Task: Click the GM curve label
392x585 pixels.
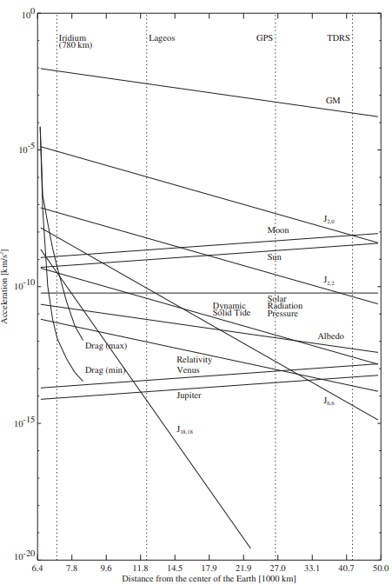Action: [x=333, y=100]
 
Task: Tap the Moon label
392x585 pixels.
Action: [x=278, y=229]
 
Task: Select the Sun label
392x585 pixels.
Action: [x=274, y=257]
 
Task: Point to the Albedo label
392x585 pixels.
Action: [x=331, y=336]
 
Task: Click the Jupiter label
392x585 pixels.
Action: [x=189, y=396]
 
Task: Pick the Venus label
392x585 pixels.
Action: [x=188, y=370]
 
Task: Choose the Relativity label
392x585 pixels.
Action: [x=194, y=360]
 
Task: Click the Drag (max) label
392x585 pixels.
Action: [x=106, y=346]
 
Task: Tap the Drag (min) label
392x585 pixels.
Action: [x=105, y=370]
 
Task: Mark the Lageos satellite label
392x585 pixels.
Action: [x=162, y=38]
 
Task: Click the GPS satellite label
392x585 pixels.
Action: [x=264, y=37]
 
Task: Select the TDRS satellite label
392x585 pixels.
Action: [x=338, y=37]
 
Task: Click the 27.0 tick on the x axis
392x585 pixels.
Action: [x=277, y=568]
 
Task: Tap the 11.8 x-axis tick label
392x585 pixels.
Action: [x=140, y=568]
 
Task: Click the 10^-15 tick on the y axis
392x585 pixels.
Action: [x=25, y=423]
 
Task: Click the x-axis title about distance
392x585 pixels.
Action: [x=209, y=579]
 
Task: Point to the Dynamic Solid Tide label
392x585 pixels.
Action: [x=231, y=309]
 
